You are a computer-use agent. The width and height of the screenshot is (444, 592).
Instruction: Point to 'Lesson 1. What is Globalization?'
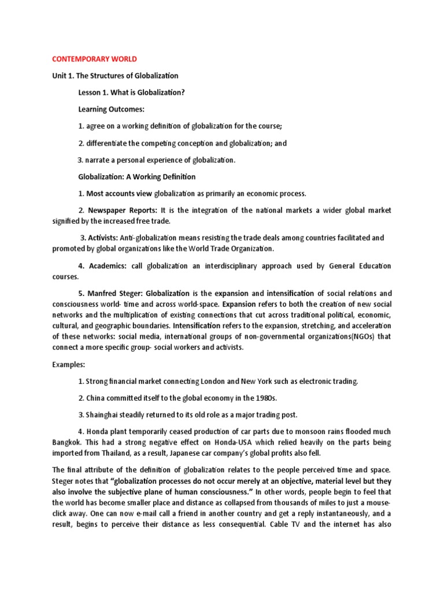[x=131, y=92]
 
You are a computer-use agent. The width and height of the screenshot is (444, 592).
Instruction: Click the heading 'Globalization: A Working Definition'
[x=137, y=177]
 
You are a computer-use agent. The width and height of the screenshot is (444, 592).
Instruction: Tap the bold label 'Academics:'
[x=105, y=266]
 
